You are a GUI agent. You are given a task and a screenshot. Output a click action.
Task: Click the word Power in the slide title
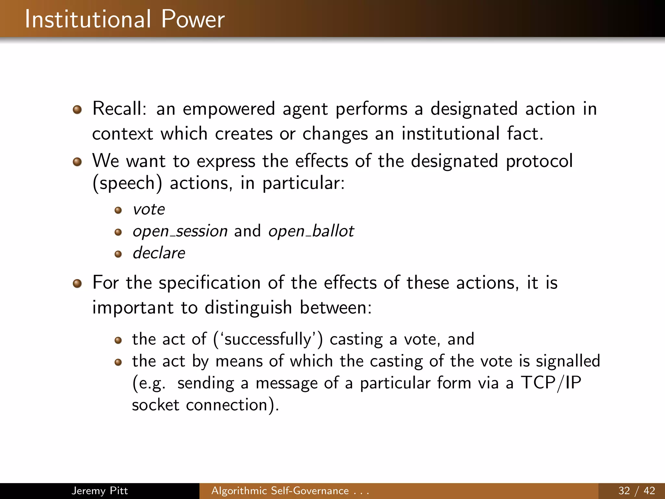(x=193, y=19)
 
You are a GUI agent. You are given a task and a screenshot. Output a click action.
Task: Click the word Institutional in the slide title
(x=88, y=19)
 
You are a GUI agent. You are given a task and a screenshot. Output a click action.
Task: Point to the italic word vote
(x=149, y=209)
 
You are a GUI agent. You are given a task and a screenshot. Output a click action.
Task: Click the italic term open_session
(x=180, y=231)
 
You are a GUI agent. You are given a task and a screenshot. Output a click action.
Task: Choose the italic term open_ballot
(x=311, y=231)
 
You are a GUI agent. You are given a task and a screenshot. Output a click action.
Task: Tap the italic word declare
(x=159, y=253)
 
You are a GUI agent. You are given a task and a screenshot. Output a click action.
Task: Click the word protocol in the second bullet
(x=539, y=161)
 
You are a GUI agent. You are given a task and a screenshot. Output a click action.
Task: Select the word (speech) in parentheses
(x=127, y=183)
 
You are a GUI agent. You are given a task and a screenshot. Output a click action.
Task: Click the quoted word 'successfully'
(x=269, y=339)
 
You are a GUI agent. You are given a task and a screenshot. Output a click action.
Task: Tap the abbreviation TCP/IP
(x=551, y=383)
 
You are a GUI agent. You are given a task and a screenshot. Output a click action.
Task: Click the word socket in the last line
(x=156, y=405)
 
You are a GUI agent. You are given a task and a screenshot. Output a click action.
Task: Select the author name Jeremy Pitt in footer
(x=100, y=491)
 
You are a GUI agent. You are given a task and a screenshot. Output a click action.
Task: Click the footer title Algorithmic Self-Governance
(x=280, y=491)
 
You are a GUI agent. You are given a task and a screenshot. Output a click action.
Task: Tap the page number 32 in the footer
(x=624, y=491)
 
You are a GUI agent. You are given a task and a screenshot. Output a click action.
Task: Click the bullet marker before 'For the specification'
(x=77, y=284)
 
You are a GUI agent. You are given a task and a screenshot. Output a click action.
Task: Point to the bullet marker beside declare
(x=118, y=254)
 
